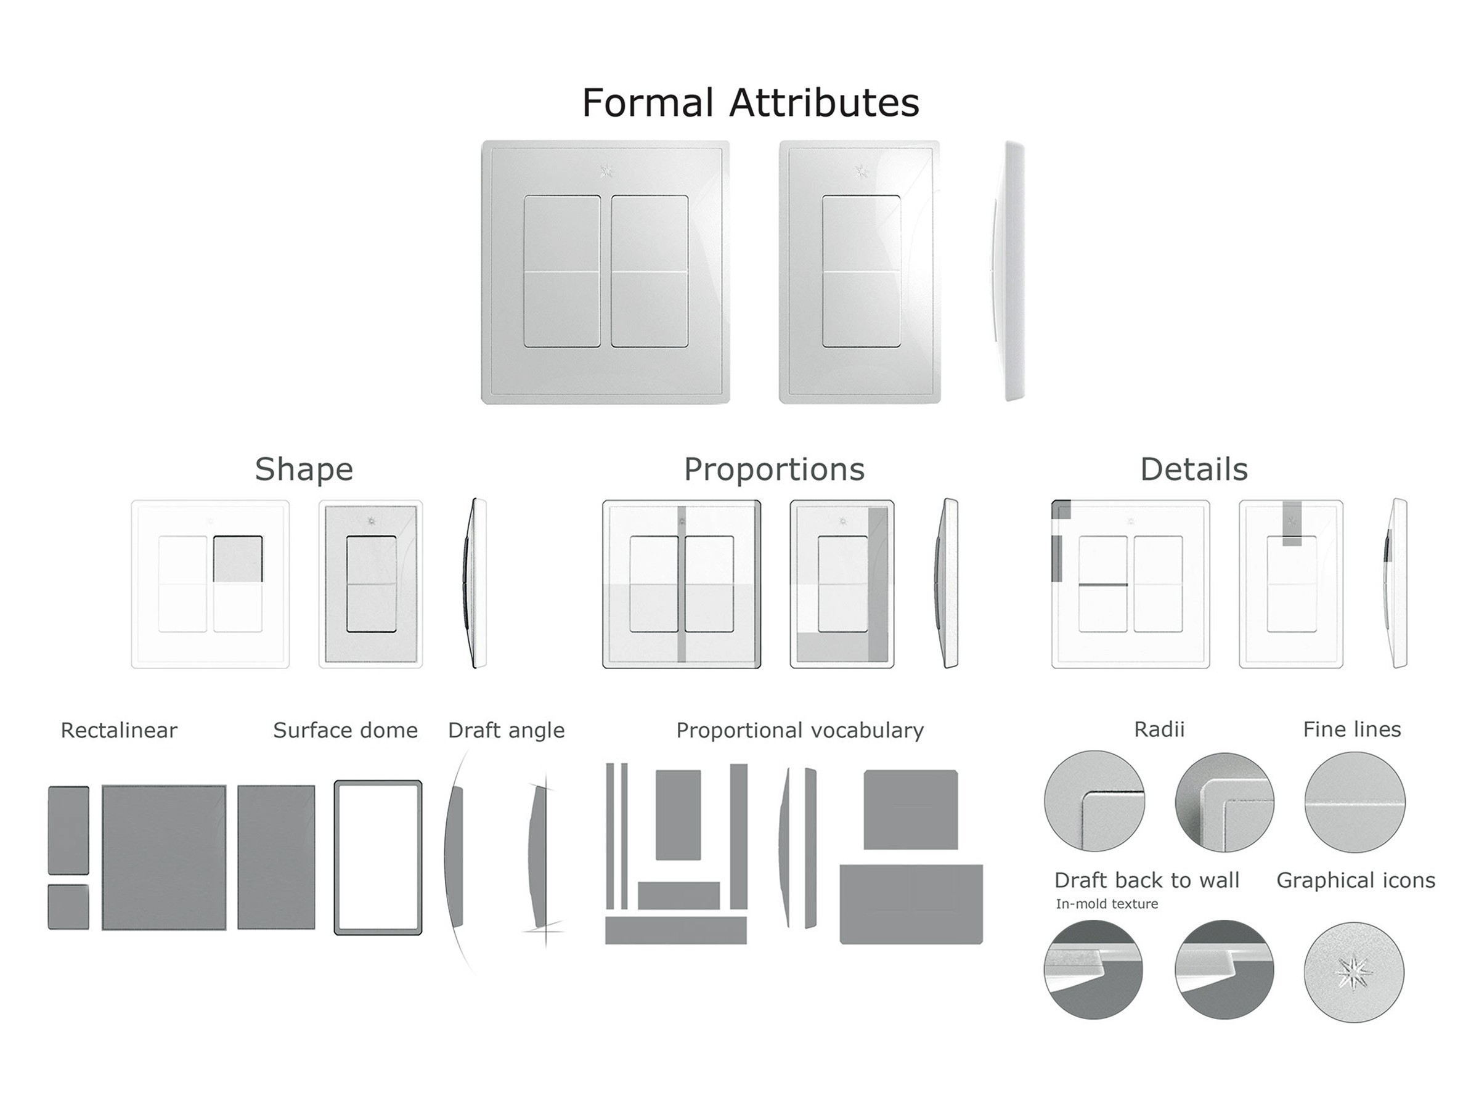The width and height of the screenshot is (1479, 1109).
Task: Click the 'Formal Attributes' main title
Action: [x=750, y=102]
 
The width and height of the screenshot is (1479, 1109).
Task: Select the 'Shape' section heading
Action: [x=304, y=470]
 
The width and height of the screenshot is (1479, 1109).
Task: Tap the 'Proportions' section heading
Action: [x=774, y=470]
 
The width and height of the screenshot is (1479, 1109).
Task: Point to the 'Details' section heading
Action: [x=1194, y=469]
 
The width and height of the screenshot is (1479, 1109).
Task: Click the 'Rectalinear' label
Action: [x=119, y=730]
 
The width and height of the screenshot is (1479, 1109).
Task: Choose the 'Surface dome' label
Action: [x=345, y=730]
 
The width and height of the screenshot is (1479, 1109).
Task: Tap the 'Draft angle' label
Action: [x=506, y=731]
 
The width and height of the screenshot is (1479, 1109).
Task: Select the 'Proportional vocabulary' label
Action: [x=800, y=731]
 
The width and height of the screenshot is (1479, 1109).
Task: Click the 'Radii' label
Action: [x=1159, y=729]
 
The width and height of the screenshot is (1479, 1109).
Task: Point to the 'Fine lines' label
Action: [x=1351, y=729]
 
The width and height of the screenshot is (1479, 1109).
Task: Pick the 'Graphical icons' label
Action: [x=1355, y=881]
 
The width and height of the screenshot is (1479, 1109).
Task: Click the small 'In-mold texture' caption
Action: [x=1107, y=904]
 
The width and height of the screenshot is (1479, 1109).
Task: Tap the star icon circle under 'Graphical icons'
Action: [x=1354, y=971]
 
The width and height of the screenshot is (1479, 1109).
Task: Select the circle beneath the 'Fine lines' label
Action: [x=1355, y=802]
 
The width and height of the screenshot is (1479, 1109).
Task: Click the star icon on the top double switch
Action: [x=606, y=171]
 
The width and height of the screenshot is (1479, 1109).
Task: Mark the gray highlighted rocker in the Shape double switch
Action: [x=238, y=559]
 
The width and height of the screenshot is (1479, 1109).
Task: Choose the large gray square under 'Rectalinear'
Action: [x=164, y=858]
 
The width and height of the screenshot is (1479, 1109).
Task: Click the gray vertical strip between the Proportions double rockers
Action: [x=682, y=584]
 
